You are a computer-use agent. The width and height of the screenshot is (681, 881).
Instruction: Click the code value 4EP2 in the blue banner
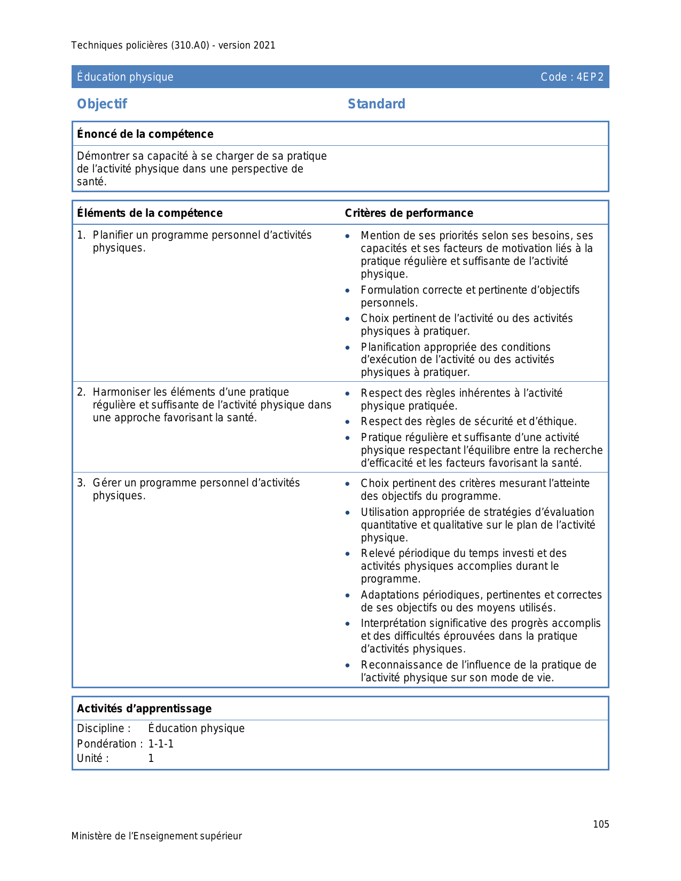click(590, 77)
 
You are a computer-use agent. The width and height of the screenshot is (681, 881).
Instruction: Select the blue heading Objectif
click(102, 104)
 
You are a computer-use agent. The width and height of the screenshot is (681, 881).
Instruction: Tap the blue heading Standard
click(376, 104)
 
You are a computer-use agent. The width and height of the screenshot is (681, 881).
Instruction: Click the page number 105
click(601, 824)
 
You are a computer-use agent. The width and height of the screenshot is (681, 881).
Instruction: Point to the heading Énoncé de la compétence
click(145, 134)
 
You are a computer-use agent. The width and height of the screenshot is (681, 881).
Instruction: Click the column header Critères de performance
click(409, 213)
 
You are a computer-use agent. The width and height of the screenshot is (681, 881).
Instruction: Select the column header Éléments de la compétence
click(150, 213)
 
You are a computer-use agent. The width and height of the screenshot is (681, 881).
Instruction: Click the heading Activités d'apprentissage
click(144, 709)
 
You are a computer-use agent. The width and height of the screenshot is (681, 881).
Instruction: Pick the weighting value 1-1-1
click(161, 744)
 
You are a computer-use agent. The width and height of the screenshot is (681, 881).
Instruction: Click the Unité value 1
click(151, 758)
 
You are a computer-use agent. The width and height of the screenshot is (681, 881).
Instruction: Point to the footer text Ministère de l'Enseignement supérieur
click(156, 836)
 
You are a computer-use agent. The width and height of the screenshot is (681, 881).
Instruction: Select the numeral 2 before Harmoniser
click(80, 392)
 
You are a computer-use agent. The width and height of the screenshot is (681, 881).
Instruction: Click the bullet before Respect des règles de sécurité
click(348, 422)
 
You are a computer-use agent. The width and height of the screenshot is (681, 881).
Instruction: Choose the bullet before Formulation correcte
click(348, 290)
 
